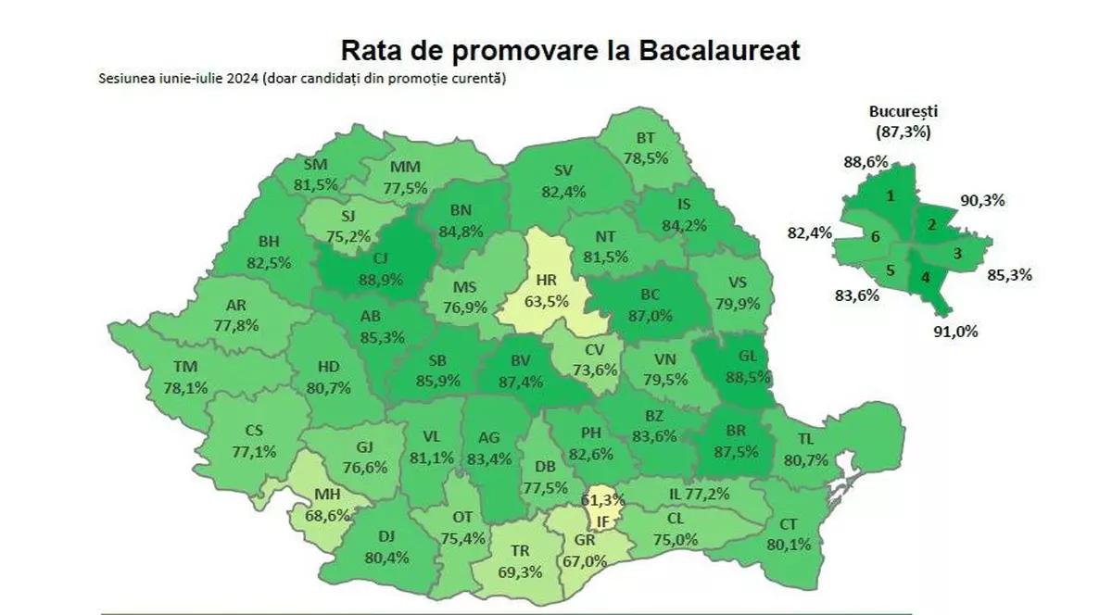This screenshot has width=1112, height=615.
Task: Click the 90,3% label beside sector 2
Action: (987, 200)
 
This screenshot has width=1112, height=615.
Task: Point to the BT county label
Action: (646, 138)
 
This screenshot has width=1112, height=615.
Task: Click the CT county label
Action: (788, 524)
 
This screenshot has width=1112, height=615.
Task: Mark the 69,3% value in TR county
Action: (520, 571)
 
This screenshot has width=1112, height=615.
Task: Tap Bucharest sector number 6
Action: (875, 236)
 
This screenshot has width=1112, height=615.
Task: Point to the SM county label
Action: (316, 165)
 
